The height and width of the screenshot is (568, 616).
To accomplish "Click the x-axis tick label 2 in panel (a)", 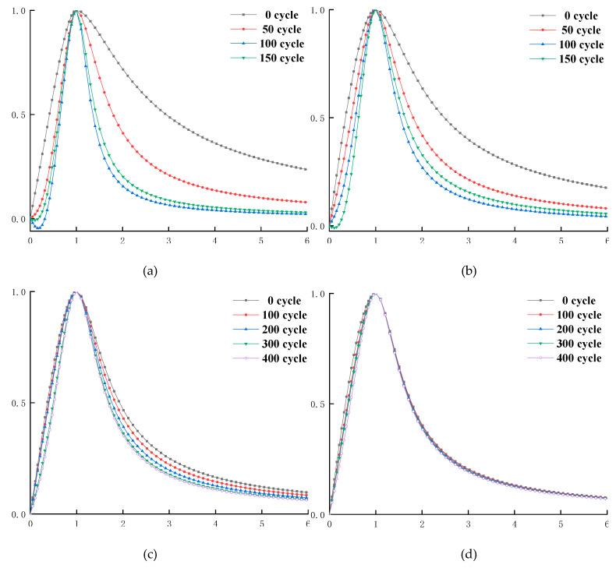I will point(122,242).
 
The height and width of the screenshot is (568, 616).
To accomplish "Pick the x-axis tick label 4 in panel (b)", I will point(515,242).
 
